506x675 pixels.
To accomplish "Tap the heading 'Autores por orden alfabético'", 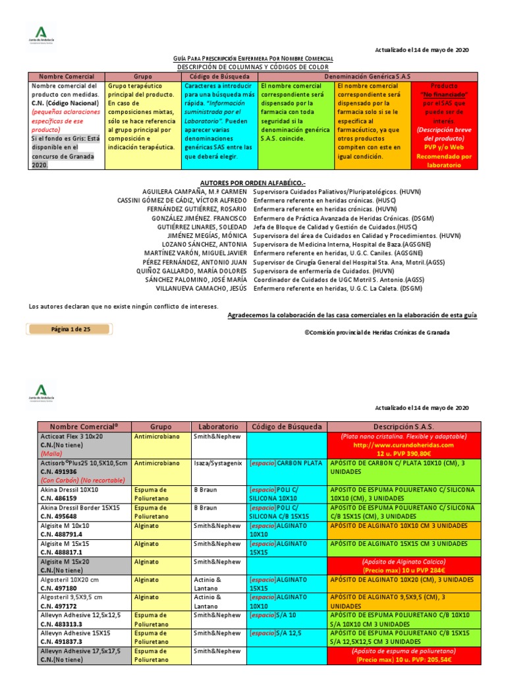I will click(253, 182).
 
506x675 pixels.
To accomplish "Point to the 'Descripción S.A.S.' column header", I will click(403, 426).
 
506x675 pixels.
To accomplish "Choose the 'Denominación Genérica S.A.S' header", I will click(367, 76).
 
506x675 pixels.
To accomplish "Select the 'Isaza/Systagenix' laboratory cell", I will click(218, 463).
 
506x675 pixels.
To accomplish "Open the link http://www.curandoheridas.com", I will click(403, 445).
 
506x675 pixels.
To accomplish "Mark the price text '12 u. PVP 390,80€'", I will click(404, 454).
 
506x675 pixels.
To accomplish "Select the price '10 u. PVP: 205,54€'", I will click(403, 659).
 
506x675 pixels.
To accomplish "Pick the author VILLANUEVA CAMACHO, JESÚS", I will click(204, 288).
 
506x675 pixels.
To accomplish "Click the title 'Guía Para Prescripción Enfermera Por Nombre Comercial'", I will click(253, 59).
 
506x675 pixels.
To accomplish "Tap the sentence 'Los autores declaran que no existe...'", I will click(123, 307).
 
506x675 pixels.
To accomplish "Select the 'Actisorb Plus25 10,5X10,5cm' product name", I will click(78, 463).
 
